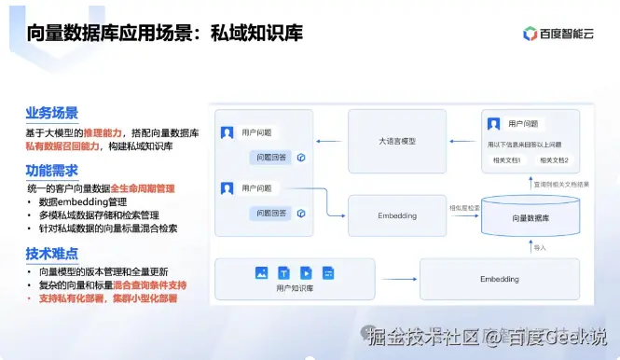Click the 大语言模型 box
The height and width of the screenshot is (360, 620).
397,141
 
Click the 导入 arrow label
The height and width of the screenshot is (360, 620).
540,248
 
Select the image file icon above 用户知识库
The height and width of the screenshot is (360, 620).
262,272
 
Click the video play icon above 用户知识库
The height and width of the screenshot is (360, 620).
306,272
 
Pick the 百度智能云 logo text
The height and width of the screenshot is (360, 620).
565,34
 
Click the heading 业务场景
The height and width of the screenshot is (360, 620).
51,113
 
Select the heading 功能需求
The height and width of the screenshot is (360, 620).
51,170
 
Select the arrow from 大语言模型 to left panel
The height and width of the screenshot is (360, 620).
331,141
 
